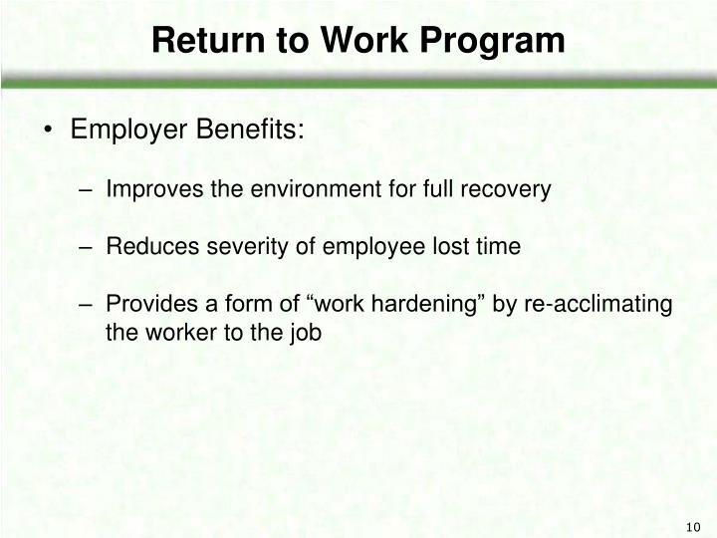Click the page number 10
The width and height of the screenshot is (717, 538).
(x=694, y=527)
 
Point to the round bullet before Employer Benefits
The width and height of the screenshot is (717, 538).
(x=49, y=132)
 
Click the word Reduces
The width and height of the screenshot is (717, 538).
(x=145, y=246)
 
